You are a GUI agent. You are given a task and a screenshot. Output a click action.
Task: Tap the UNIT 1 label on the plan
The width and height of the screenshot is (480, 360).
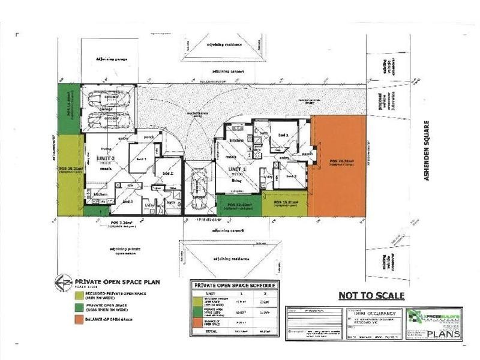click(x=236, y=170)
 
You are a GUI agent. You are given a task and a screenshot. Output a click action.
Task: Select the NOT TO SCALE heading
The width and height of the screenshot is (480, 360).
click(x=371, y=295)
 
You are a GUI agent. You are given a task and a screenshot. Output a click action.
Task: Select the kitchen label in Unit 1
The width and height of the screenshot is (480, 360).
click(x=236, y=140)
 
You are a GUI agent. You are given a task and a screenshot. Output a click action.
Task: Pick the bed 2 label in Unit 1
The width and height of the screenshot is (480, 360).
click(x=292, y=176)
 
